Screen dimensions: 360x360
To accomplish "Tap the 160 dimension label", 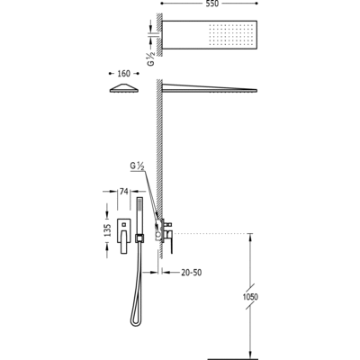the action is [x=123, y=74].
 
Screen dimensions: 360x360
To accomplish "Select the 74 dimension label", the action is [x=124, y=191].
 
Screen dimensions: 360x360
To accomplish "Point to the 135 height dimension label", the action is [x=108, y=229].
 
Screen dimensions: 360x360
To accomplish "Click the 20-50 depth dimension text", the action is [x=192, y=273].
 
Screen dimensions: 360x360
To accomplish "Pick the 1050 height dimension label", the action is [x=250, y=297].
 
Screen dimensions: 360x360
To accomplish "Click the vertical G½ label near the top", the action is [x=151, y=58].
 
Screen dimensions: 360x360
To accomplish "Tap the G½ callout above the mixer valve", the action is [x=136, y=166].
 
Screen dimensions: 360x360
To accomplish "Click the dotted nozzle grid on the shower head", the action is [x=230, y=34].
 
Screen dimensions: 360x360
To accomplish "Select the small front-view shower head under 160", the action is [x=124, y=88].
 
